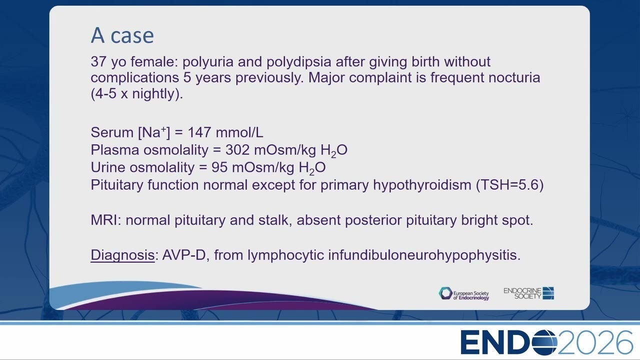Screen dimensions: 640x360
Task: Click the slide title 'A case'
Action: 122,35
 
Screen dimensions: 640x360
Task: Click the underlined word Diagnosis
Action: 122,255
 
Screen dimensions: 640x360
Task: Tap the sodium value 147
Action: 199,132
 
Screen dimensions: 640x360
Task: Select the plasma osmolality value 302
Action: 237,150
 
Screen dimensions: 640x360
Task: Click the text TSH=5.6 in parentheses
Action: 509,185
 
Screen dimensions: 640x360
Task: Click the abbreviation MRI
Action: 106,220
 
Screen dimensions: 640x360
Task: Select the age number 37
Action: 98,61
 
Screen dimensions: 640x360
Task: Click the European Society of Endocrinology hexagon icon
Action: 445,293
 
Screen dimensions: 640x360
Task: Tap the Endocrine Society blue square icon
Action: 548,293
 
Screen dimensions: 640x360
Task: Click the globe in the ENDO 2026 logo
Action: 544,342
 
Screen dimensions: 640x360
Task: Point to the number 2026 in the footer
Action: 595,342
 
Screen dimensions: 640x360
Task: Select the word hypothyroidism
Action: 422,185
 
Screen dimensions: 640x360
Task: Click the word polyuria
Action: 208,62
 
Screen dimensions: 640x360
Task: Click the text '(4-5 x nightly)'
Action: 137,94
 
